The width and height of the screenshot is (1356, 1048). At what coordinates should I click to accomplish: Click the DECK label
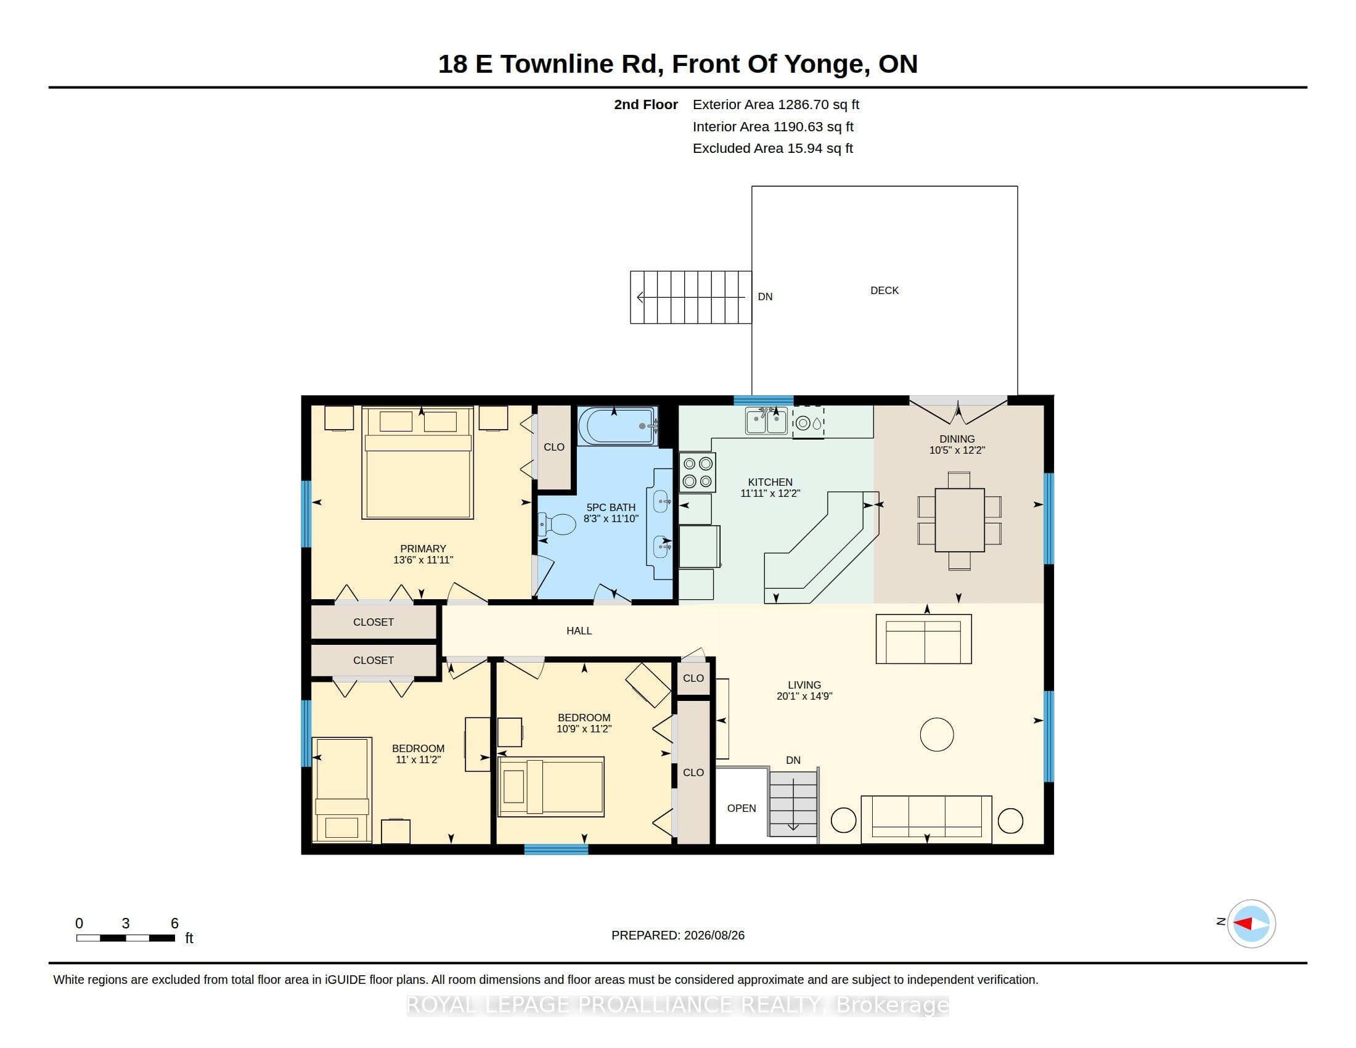pos(884,290)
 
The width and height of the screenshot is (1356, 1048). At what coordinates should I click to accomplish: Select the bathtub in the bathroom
pos(617,425)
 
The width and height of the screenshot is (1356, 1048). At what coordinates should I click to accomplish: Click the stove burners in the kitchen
pos(697,472)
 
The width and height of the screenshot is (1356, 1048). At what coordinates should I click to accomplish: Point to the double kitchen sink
pos(766,421)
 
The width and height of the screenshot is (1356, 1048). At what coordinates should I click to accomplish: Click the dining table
pos(959,520)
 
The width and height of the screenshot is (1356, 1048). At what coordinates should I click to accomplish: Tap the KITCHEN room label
pos(770,482)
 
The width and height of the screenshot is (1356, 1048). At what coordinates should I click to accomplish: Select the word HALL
pos(579,631)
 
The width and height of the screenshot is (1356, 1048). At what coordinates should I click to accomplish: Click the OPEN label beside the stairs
pos(741,808)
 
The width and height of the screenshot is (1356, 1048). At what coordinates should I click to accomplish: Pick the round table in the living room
pos(936,734)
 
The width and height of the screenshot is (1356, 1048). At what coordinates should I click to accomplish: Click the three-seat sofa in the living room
pos(926,819)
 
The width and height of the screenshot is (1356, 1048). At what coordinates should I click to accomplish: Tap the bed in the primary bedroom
pos(418,462)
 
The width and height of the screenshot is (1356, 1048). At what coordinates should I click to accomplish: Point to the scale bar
pos(125,938)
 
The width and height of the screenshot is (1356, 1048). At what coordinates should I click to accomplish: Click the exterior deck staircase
pos(691,297)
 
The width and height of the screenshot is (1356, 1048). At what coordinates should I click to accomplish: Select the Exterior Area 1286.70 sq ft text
pos(775,105)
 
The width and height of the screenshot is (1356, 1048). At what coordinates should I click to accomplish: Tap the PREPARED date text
pos(678,935)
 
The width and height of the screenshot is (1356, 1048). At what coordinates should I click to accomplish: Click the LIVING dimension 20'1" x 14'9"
pos(804,696)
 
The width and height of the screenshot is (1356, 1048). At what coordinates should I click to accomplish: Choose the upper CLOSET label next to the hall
pos(373,622)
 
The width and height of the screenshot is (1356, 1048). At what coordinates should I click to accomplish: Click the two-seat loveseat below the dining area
pos(924,639)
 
